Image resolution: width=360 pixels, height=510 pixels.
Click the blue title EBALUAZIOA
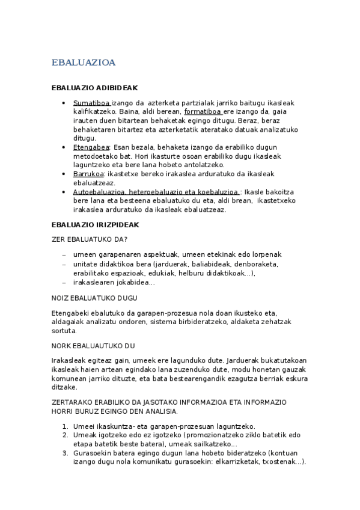pos(84,63)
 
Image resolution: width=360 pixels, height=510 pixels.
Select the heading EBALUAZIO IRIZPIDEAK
pos(95,225)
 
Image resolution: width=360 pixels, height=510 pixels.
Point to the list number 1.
pos(65,426)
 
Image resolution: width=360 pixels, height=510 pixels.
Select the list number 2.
pos(65,435)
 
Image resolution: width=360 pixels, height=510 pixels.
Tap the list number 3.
pos(65,453)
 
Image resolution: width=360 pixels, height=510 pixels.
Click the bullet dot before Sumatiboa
pos(64,103)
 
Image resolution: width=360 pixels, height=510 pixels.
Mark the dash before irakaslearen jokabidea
pos(64,282)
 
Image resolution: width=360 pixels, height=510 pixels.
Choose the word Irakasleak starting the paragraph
pos(69,360)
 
